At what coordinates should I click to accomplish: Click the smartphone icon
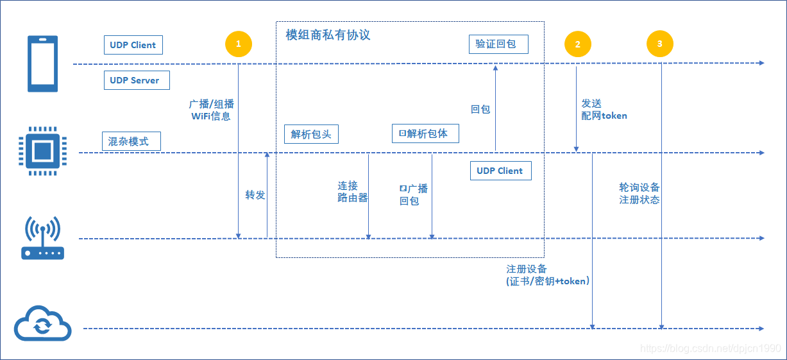click(42, 64)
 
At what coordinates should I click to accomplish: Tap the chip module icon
click(42, 151)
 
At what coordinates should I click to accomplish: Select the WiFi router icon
click(42, 238)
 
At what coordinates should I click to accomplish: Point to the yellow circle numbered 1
click(239, 44)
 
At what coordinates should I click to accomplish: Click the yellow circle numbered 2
click(577, 44)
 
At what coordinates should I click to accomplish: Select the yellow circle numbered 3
click(660, 44)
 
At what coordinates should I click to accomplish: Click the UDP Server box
click(136, 80)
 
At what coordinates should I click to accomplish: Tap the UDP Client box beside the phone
click(133, 45)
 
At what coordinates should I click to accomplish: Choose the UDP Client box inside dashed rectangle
click(500, 171)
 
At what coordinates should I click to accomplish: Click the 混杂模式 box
click(130, 141)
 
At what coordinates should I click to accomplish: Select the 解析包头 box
click(310, 134)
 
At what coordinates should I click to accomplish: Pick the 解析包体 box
click(425, 133)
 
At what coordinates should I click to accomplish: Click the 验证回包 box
click(498, 44)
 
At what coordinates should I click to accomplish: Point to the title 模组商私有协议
click(328, 35)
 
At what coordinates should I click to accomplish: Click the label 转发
click(255, 194)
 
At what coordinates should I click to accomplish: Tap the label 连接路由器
click(352, 192)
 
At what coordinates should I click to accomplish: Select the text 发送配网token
click(604, 110)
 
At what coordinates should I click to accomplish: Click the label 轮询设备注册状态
click(639, 193)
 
